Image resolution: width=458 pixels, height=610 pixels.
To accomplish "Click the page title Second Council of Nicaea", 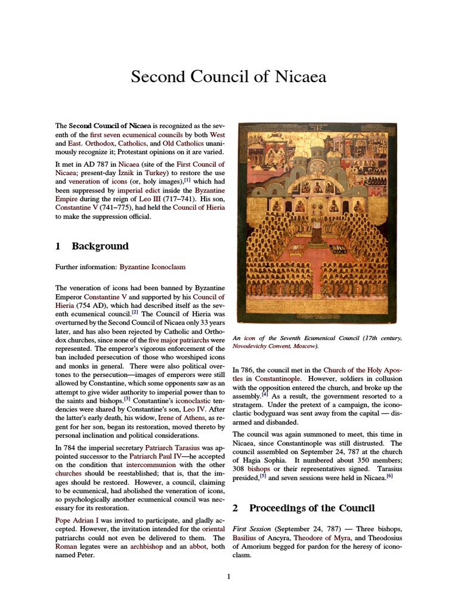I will coord(228,77).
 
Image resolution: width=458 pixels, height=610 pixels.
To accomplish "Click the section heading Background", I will coord(100,246).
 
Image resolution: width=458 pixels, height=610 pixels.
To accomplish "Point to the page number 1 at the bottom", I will coord(229,576).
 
